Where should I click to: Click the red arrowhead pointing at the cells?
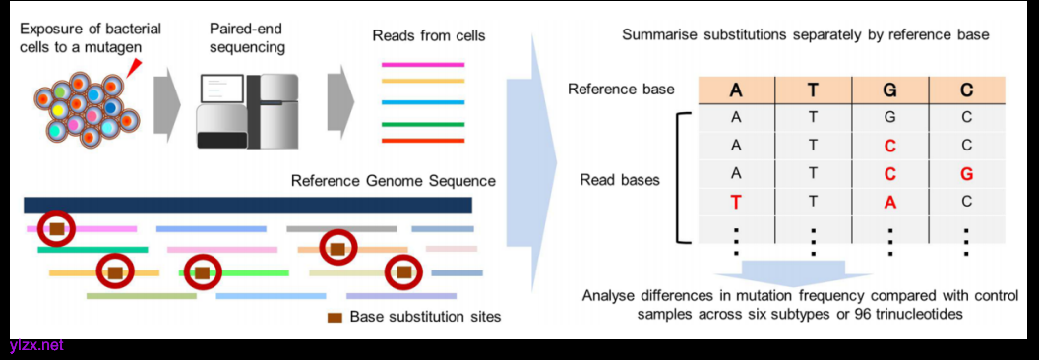pyautogui.click(x=135, y=65)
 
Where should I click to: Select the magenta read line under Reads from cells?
pyautogui.click(x=423, y=65)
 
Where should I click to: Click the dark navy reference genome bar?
pyautogui.click(x=248, y=205)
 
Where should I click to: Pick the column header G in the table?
pyautogui.click(x=889, y=89)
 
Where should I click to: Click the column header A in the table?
pyautogui.click(x=736, y=89)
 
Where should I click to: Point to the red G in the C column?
pyautogui.click(x=966, y=174)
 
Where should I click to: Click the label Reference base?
pyautogui.click(x=621, y=89)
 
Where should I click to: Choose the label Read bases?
pyautogui.click(x=620, y=180)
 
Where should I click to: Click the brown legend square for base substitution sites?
pyautogui.click(x=335, y=317)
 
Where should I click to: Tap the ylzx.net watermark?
pyautogui.click(x=36, y=345)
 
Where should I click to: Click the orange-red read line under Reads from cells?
pyautogui.click(x=423, y=141)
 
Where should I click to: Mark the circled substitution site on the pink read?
pyautogui.click(x=57, y=229)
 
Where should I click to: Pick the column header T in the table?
pyautogui.click(x=813, y=89)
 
